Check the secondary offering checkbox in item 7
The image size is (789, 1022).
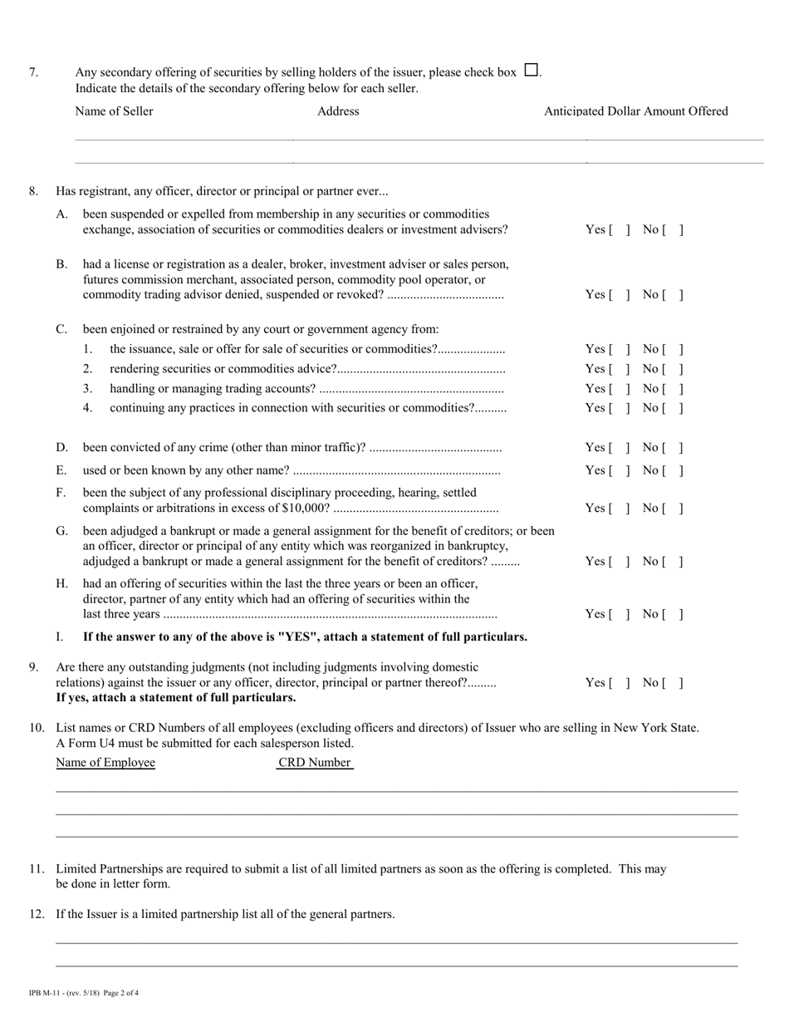(x=532, y=71)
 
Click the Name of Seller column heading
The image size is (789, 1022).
(x=114, y=111)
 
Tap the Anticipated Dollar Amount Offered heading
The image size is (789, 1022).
(x=635, y=111)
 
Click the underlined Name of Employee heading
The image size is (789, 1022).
(x=105, y=763)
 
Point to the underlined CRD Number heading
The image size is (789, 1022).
(x=315, y=763)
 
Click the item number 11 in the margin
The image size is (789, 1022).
(x=37, y=869)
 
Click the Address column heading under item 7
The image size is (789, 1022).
(x=338, y=111)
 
